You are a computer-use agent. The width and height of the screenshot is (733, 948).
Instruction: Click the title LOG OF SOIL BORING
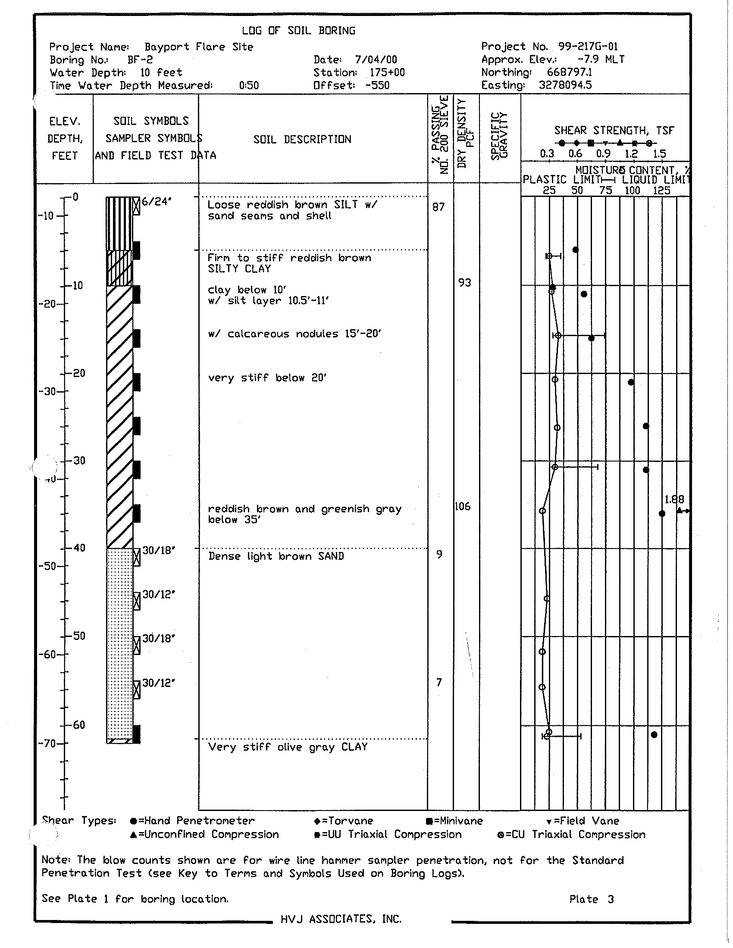(x=298, y=31)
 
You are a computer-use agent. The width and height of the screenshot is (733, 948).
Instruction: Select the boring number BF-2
(x=140, y=60)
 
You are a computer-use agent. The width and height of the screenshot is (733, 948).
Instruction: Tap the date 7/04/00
(x=376, y=60)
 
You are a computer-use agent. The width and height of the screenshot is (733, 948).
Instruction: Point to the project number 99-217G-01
(x=588, y=47)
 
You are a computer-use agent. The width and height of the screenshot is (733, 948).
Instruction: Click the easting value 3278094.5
(x=565, y=85)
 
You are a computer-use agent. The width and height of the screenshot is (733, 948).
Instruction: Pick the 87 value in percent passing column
(x=439, y=207)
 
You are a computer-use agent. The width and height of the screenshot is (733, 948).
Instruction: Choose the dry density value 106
(x=463, y=507)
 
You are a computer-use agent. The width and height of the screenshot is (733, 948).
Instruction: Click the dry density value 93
(x=464, y=283)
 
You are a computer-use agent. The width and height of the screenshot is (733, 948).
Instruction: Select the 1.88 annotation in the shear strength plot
(x=674, y=499)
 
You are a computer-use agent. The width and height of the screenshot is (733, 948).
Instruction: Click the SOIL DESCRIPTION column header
(x=302, y=139)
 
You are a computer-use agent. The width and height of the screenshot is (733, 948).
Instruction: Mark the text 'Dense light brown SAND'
(x=276, y=556)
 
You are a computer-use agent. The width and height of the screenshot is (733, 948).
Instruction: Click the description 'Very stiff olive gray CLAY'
(x=288, y=747)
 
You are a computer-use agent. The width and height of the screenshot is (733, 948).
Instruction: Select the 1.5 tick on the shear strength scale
(x=659, y=154)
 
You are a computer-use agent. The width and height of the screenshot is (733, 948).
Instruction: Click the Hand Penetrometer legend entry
(x=193, y=821)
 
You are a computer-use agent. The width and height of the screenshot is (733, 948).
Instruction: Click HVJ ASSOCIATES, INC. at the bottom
(x=341, y=919)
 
